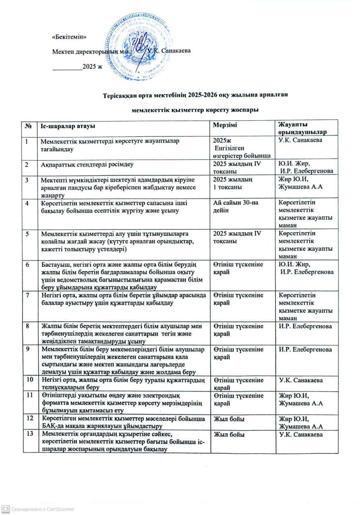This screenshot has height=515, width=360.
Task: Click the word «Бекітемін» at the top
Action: [70, 37]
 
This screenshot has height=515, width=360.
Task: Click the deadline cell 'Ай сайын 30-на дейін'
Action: [236, 206]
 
